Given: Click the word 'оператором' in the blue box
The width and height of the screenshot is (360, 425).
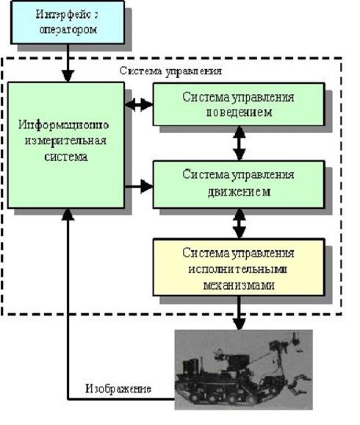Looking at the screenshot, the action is [x=68, y=29].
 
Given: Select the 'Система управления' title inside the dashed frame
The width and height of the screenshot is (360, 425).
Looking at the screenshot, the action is [x=170, y=71].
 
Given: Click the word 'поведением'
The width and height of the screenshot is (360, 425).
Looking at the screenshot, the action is [x=240, y=113].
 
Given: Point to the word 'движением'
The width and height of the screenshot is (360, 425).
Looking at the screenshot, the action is [x=240, y=192].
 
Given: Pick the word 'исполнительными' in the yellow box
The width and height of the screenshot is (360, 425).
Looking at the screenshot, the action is [x=237, y=269].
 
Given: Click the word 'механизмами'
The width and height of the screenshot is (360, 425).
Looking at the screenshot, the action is [x=239, y=285].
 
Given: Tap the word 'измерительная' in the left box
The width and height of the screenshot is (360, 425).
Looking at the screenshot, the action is [x=65, y=141].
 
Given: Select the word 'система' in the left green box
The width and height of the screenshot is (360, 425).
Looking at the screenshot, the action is [x=66, y=157].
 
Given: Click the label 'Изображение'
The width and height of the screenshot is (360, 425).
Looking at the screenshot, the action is [x=118, y=388].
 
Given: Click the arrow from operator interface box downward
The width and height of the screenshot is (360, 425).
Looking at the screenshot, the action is [x=68, y=63].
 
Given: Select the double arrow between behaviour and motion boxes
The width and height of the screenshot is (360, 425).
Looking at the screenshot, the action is [x=240, y=143].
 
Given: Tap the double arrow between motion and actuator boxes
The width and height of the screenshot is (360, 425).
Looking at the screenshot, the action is [x=240, y=224].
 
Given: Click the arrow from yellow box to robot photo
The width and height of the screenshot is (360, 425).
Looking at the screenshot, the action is [x=240, y=312].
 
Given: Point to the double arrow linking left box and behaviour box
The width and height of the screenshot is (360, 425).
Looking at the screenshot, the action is [x=139, y=104].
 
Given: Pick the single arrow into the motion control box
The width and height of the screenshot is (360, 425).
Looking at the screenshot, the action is [x=139, y=187].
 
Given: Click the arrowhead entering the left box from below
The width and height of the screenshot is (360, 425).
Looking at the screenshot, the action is [x=68, y=214].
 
